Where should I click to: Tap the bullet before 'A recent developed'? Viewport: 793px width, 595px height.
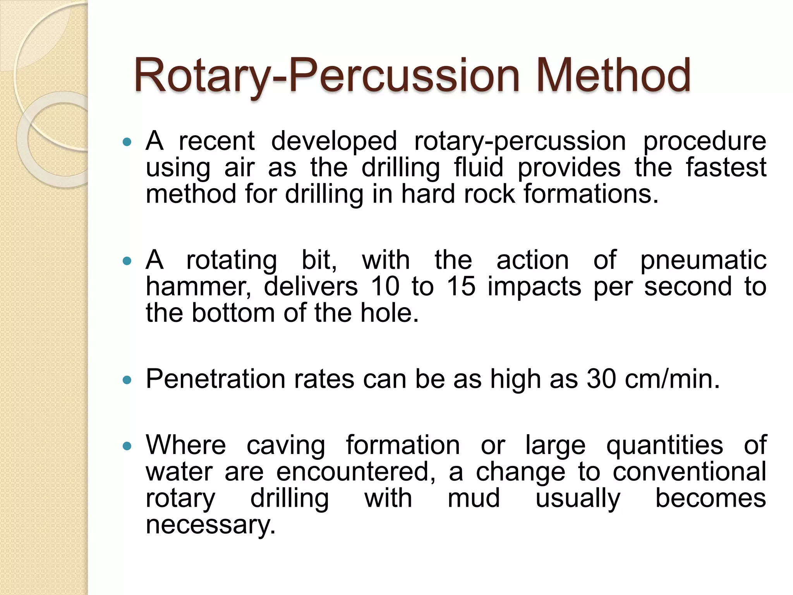pyautogui.click(x=127, y=142)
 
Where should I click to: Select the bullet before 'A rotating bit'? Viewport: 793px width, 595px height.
pyautogui.click(x=127, y=261)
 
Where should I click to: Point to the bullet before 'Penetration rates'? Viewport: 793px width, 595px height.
pyautogui.click(x=127, y=380)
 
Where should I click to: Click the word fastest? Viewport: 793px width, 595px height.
pyautogui.click(x=726, y=167)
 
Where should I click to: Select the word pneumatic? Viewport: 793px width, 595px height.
pyautogui.click(x=703, y=260)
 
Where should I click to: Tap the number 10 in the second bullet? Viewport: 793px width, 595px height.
pyautogui.click(x=385, y=287)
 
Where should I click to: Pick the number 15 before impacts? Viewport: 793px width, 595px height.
pyautogui.click(x=461, y=287)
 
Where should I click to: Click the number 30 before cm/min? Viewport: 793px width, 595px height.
pyautogui.click(x=601, y=379)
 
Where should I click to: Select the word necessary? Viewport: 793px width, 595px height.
pyautogui.click(x=210, y=525)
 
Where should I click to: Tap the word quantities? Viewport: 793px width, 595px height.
pyautogui.click(x=664, y=445)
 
